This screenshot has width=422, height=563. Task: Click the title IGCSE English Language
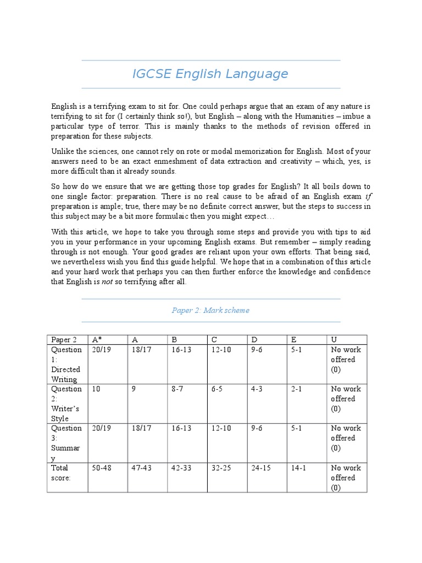(x=210, y=74)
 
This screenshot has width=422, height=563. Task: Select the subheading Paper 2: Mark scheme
(x=210, y=310)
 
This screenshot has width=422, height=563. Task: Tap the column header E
(x=293, y=340)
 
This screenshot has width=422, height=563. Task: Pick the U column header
(x=334, y=340)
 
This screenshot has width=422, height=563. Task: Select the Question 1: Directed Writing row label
(x=66, y=364)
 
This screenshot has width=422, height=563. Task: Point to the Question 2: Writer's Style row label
(x=66, y=404)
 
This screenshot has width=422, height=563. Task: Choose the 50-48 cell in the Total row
(x=102, y=468)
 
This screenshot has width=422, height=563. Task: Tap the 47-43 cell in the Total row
(x=142, y=468)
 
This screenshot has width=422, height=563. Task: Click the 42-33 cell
(x=181, y=468)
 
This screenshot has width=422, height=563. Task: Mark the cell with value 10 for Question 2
(x=97, y=389)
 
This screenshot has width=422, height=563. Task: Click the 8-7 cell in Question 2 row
(x=177, y=389)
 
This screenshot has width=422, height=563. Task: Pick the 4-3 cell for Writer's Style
(x=257, y=389)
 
